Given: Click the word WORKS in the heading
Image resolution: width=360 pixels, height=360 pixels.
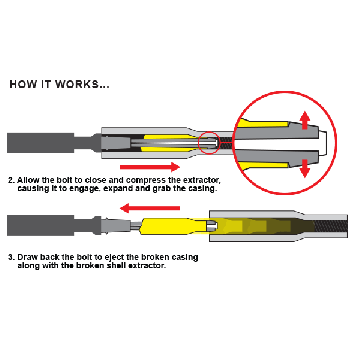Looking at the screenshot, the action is pyautogui.click(x=77, y=84).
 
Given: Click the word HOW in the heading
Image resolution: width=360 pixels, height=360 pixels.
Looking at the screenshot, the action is pyautogui.click(x=22, y=84).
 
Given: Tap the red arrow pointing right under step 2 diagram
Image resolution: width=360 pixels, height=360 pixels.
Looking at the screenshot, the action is pyautogui.click(x=150, y=166).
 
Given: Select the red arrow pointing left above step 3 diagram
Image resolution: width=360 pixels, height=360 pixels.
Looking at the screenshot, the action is pyautogui.click(x=150, y=209).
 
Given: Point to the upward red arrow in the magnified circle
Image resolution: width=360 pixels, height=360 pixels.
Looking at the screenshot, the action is pyautogui.click(x=304, y=121).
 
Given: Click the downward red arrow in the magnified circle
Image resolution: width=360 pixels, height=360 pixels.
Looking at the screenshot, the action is pyautogui.click(x=304, y=168).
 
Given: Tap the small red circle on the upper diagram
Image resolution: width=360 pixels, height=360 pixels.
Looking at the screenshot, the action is pyautogui.click(x=209, y=143).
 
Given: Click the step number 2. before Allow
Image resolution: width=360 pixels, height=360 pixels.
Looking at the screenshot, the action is pyautogui.click(x=12, y=180).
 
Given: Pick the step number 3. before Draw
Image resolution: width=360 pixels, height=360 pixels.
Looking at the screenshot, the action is pyautogui.click(x=12, y=258).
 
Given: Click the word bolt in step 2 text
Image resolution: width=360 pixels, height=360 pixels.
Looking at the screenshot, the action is pyautogui.click(x=67, y=180).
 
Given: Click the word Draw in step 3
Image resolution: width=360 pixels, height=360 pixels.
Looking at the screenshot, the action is pyautogui.click(x=25, y=258).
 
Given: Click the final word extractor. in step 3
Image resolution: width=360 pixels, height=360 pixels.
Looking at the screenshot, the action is pyautogui.click(x=149, y=266).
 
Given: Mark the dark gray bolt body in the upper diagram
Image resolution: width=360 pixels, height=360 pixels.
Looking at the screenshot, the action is pyautogui.click(x=40, y=143).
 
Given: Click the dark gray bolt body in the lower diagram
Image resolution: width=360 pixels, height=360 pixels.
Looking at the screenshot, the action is pyautogui.click(x=40, y=226).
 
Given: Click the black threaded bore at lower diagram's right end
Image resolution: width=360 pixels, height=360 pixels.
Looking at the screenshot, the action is pyautogui.click(x=330, y=226).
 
